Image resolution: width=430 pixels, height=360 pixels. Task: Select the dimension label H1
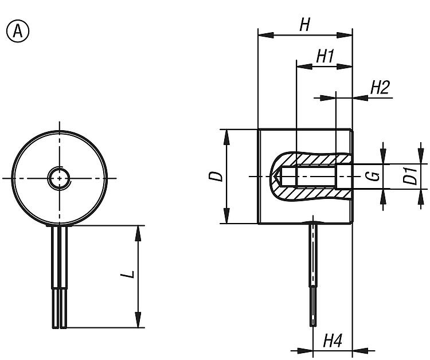[x=325, y=56]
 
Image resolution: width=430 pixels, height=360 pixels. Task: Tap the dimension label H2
[x=380, y=87]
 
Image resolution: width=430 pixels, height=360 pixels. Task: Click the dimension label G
[x=373, y=176]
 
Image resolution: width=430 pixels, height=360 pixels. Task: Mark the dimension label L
[x=131, y=273]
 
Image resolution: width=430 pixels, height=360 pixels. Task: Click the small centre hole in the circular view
[x=59, y=178]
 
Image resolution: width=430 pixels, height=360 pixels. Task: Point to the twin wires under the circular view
[x=60, y=275]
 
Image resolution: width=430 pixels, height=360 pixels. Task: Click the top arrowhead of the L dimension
[x=138, y=232]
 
